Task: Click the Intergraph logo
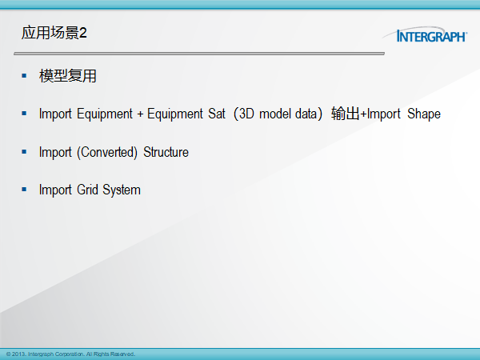point(425,34)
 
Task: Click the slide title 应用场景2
point(54,33)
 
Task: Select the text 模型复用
point(68,76)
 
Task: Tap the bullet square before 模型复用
point(24,75)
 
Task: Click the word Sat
point(217,114)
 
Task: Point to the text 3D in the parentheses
point(246,114)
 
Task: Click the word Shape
point(424,114)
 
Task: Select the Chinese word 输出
point(346,114)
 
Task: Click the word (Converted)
point(107,152)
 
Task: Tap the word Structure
point(166,152)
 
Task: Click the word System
point(122,190)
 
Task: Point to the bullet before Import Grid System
point(24,190)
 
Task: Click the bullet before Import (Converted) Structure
point(24,152)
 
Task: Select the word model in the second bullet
point(275,114)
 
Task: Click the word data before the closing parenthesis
point(306,114)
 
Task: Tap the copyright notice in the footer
point(70,354)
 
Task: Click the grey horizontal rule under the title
point(199,54)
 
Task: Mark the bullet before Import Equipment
point(24,114)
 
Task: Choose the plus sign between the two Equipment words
point(140,114)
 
